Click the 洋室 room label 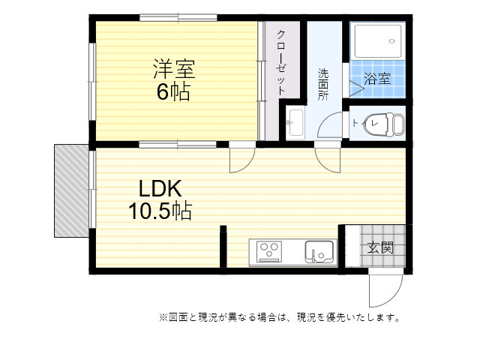[x=174, y=69]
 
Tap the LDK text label [x=160, y=188]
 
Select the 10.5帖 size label [x=160, y=211]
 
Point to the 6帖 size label [x=173, y=91]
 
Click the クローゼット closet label [x=281, y=63]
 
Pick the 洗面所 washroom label [x=323, y=84]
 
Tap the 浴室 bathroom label [x=377, y=79]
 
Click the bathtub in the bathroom [x=377, y=41]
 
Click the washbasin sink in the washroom [x=295, y=122]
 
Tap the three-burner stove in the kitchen [x=269, y=252]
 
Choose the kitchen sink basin [x=319, y=252]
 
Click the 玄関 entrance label [x=380, y=247]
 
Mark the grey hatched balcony [x=72, y=190]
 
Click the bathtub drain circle [x=391, y=41]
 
